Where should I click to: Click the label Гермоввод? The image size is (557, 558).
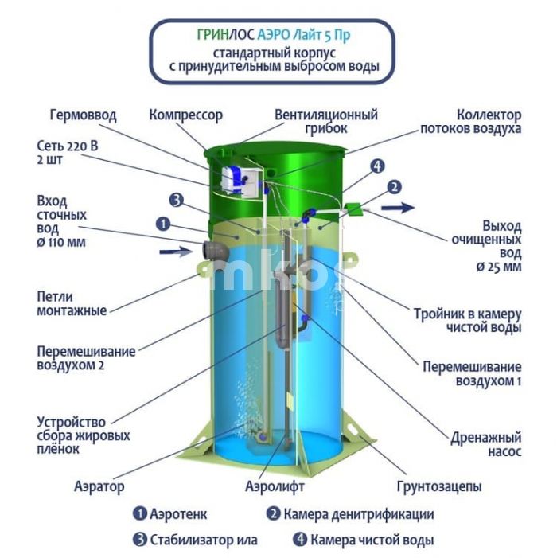click(84, 115)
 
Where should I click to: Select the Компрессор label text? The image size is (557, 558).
click(185, 115)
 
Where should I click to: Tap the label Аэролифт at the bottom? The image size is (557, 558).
click(275, 486)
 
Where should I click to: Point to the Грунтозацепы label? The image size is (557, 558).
click(439, 486)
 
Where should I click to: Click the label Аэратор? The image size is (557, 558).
click(99, 486)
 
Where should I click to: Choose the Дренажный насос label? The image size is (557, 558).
click(486, 444)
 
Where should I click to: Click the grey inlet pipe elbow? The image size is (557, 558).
click(215, 252)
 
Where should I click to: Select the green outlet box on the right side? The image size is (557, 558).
click(354, 209)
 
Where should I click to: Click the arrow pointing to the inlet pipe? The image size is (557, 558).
click(176, 252)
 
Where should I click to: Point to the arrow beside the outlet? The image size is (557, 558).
click(398, 208)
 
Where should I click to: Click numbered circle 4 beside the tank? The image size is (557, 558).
click(377, 166)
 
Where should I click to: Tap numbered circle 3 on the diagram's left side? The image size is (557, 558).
click(177, 201)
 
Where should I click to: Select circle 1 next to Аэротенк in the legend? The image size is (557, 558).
click(140, 514)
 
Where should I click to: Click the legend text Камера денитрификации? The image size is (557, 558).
click(359, 514)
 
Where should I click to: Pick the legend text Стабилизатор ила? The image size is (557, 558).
click(204, 540)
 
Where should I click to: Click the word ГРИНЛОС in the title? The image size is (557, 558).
click(225, 35)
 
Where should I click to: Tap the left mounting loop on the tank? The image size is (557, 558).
click(204, 269)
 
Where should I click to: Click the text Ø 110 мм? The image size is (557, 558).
click(61, 242)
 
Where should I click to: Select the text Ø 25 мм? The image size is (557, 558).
click(499, 267)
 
